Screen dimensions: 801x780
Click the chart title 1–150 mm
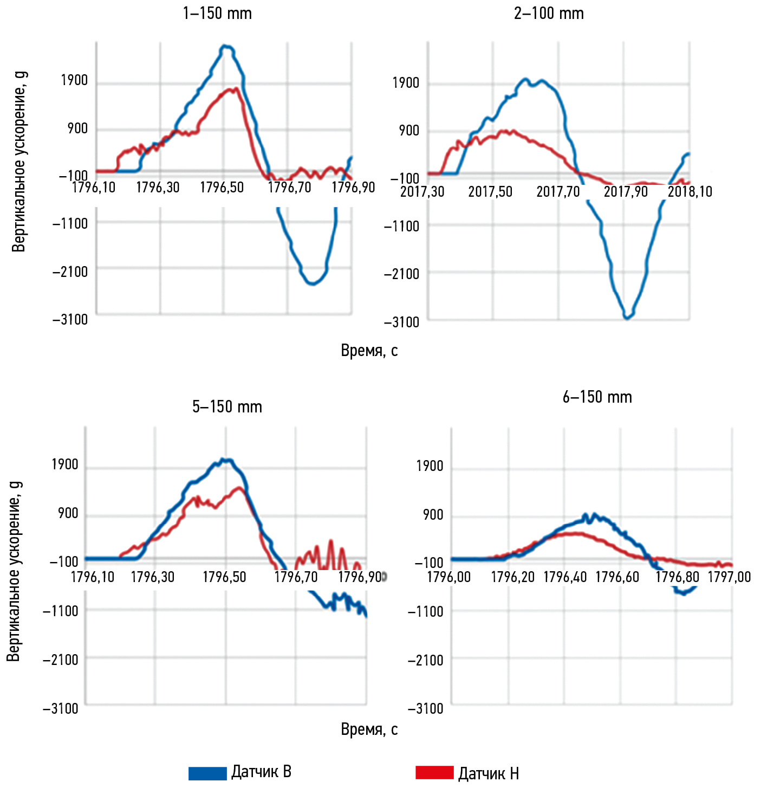[217, 14]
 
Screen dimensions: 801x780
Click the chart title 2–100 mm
[549, 14]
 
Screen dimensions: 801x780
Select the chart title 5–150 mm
[227, 407]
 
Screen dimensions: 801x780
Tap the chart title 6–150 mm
[597, 397]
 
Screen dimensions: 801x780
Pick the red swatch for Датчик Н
[434, 773]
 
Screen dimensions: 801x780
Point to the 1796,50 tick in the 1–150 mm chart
[222, 188]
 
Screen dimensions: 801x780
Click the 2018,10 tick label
[690, 192]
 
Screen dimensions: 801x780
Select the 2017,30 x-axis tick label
[422, 192]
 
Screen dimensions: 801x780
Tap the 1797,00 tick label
[729, 577]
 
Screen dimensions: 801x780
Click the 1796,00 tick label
[448, 577]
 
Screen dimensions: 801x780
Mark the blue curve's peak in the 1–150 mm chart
[226, 47]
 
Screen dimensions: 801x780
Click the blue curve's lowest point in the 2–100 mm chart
[627, 318]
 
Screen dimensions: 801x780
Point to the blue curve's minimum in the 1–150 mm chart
[313, 283]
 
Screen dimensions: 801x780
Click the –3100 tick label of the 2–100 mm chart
[401, 322]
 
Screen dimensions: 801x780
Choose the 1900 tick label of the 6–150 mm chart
[430, 466]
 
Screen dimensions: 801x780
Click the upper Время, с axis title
[369, 351]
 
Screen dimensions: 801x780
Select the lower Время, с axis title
[369, 729]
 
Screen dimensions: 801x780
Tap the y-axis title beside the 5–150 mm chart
[14, 571]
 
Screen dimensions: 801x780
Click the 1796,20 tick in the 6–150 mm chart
[512, 577]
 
